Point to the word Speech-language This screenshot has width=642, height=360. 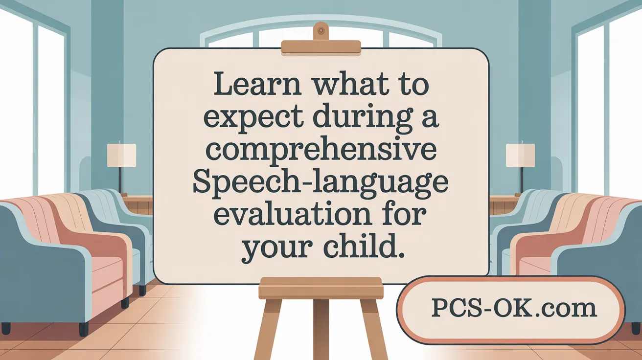coord(321,183)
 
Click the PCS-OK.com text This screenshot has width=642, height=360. coord(514,308)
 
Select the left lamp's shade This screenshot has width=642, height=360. coord(121,155)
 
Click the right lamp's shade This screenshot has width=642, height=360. coord(521,155)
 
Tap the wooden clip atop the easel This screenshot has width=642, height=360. coord(321,47)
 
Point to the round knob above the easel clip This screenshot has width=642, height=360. coord(321,30)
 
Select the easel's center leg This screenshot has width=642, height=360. coord(321,328)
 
